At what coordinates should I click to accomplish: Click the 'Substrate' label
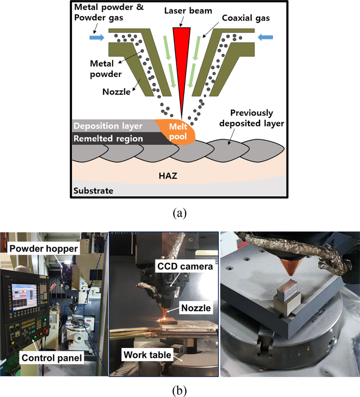coord(94,190)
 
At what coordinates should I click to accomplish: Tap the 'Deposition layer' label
coord(108,126)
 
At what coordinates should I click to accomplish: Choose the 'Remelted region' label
coord(108,139)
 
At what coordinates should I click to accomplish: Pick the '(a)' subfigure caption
coord(180,212)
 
